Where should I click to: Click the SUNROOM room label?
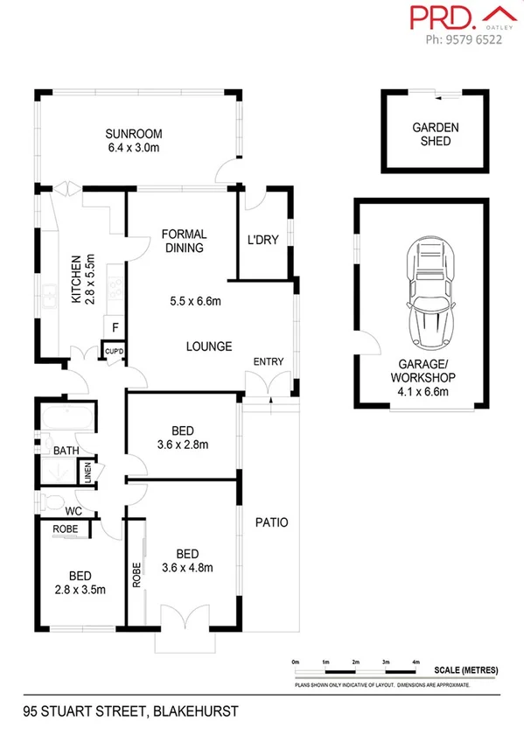click(x=134, y=134)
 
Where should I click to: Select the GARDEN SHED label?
click(x=435, y=134)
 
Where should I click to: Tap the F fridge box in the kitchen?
click(x=115, y=328)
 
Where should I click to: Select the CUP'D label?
click(x=115, y=352)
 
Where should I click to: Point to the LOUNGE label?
click(x=208, y=346)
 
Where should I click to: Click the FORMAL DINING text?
click(x=184, y=241)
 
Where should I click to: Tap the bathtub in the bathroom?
click(x=66, y=417)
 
